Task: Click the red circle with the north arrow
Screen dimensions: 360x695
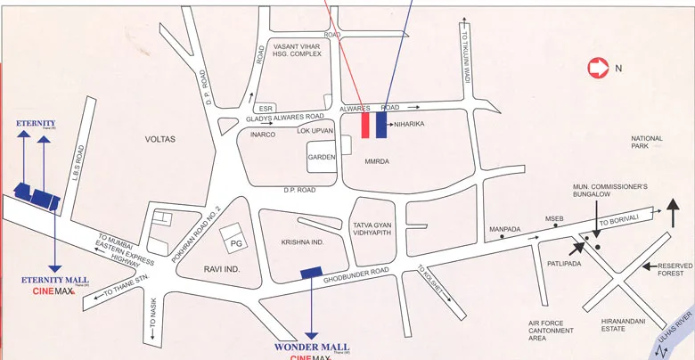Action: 596,68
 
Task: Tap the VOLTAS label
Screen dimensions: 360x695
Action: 161,139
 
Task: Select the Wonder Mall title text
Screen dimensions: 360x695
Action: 311,347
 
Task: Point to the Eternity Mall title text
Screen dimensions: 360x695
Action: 54,280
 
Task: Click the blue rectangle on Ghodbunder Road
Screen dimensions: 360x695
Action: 311,272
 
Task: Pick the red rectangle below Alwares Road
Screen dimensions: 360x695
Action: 365,125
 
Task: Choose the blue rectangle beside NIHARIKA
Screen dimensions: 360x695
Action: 381,125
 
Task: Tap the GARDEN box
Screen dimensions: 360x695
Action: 322,158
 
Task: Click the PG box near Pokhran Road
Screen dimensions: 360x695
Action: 237,241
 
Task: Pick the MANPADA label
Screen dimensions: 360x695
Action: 504,230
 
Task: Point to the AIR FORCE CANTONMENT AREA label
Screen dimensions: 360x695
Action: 550,331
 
